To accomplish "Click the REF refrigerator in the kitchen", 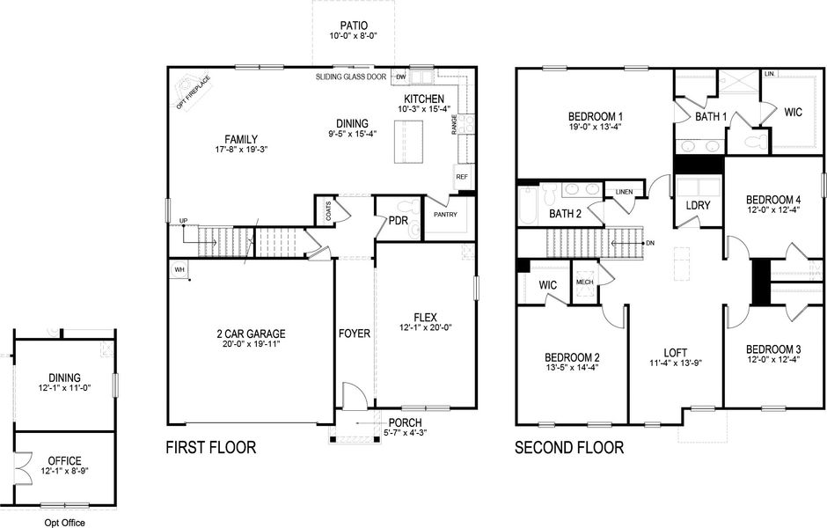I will click(463, 177).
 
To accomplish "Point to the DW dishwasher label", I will click(398, 77).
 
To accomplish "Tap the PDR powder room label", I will click(398, 221).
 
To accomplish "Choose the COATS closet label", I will click(327, 211).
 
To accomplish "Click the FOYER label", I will click(355, 334).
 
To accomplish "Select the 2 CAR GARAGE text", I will click(251, 334).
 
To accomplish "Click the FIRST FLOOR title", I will click(211, 448).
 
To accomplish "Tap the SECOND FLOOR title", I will click(569, 448).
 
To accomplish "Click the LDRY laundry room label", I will click(699, 206).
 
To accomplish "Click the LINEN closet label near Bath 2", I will click(624, 191).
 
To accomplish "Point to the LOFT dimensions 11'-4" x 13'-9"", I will click(675, 362).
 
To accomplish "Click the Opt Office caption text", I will click(65, 523).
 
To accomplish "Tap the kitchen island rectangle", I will click(409, 139).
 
